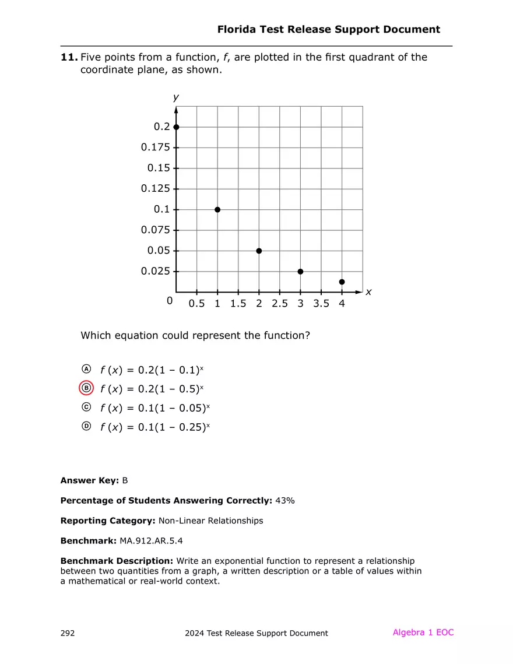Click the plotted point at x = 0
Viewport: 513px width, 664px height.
point(176,127)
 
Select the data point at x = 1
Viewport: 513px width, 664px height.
point(217,209)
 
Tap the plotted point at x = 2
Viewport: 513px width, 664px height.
point(259,251)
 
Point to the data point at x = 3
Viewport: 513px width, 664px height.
point(300,272)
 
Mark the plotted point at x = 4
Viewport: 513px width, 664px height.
point(342,282)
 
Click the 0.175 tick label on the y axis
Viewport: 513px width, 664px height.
point(156,147)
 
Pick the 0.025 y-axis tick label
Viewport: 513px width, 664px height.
point(156,272)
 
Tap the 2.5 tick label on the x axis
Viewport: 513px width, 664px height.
point(280,304)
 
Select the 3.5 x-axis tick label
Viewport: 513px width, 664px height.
point(321,304)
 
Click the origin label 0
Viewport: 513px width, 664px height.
point(170,301)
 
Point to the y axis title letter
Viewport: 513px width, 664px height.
point(176,97)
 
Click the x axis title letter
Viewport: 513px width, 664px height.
point(368,292)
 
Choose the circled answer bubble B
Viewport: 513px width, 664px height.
point(86,388)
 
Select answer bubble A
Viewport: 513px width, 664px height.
point(86,370)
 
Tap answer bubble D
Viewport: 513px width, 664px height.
point(86,427)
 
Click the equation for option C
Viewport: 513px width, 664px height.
point(155,408)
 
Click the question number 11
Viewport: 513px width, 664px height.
point(69,57)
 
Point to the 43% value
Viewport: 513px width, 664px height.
point(284,501)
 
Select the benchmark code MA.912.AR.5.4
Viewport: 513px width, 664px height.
point(155,541)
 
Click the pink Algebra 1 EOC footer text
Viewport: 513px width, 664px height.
point(423,633)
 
